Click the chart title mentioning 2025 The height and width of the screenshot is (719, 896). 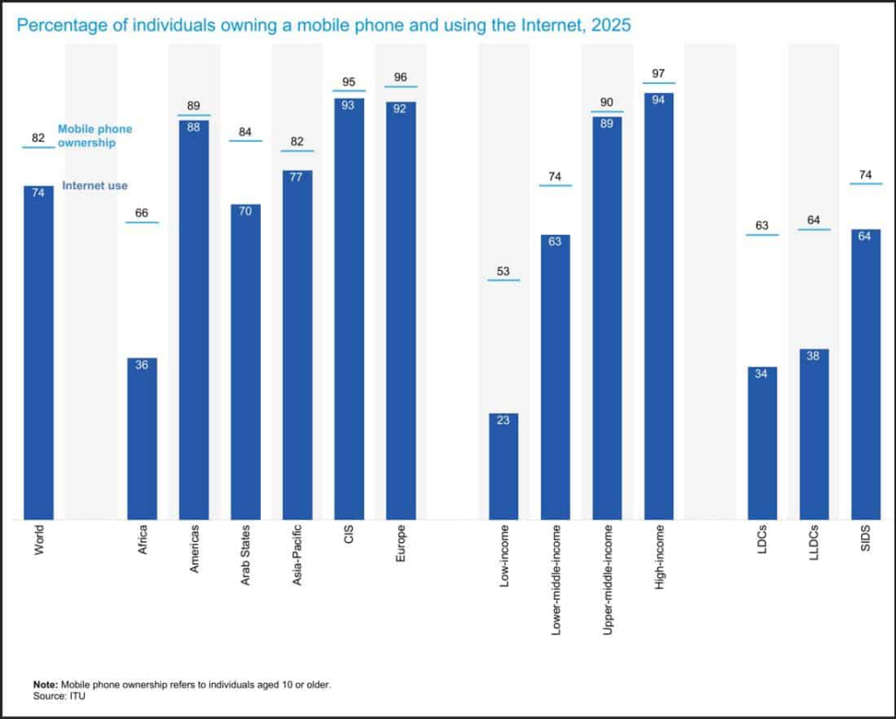[x=324, y=25]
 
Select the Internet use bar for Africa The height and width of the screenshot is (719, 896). [x=142, y=438]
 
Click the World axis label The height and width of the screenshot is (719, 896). [x=38, y=540]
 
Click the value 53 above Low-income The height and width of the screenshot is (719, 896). [x=503, y=271]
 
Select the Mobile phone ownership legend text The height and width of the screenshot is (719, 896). [x=94, y=136]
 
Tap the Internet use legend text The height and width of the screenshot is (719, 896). [x=94, y=186]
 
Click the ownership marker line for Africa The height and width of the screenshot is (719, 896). [x=142, y=222]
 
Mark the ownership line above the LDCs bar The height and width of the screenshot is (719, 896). [x=762, y=235]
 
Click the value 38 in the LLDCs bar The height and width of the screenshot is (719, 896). [x=814, y=356]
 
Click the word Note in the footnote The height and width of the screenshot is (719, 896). [x=45, y=684]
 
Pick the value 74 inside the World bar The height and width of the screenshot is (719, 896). [x=38, y=193]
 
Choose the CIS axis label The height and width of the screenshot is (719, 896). [x=349, y=534]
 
